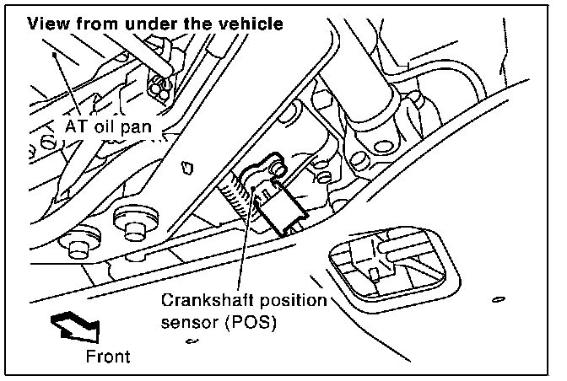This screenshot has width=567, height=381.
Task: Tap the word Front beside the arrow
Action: [109, 357]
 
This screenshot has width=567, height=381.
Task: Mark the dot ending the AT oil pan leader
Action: [53, 53]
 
